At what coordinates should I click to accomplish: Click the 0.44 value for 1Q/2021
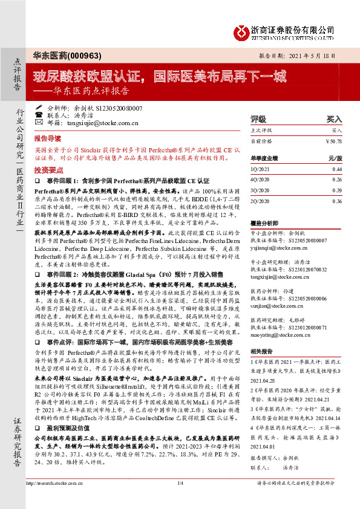(x=337, y=170)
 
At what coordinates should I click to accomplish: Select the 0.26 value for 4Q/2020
(x=337, y=180)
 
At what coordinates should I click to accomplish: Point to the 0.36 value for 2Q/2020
(x=337, y=200)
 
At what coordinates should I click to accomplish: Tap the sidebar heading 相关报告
(x=261, y=351)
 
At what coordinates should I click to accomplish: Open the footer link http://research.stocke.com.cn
(x=57, y=499)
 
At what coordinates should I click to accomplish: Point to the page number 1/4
(x=180, y=499)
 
